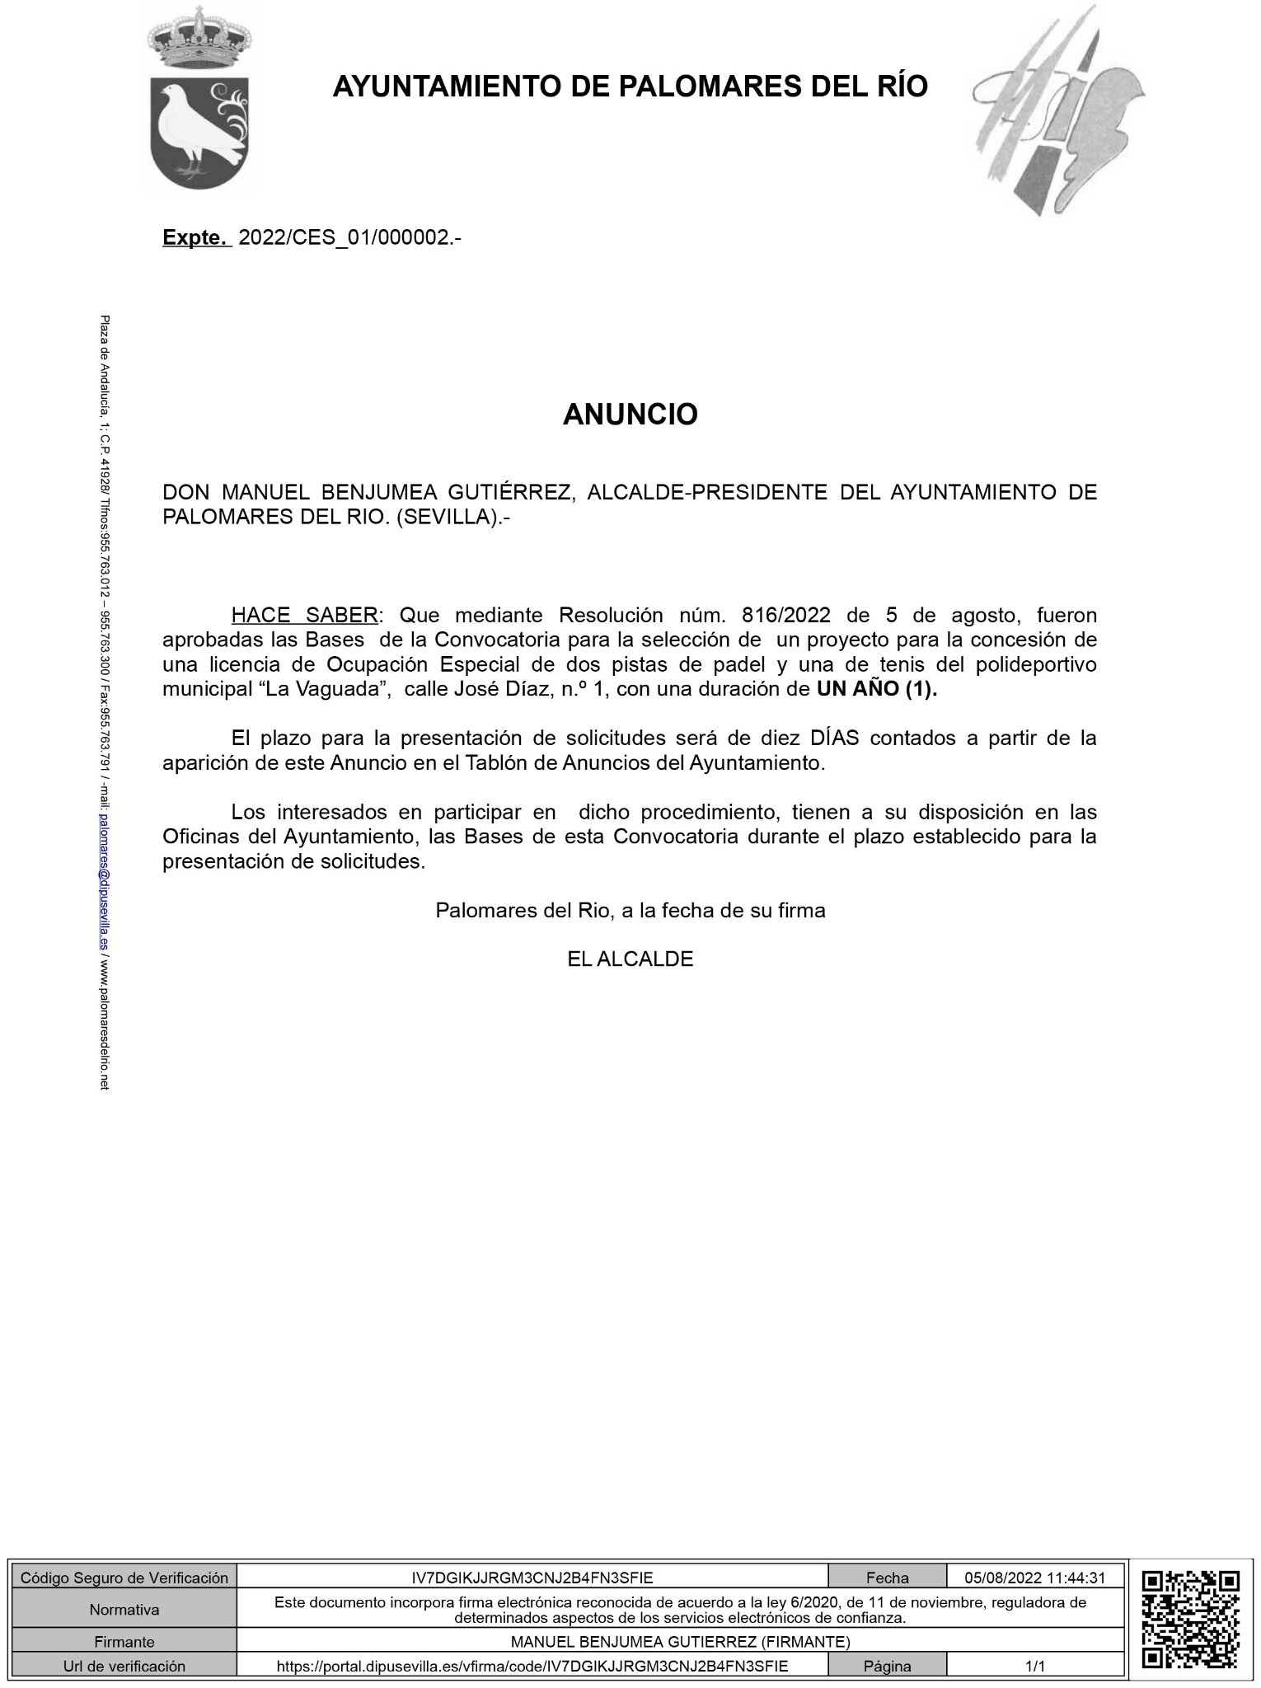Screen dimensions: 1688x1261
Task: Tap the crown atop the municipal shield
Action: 198,37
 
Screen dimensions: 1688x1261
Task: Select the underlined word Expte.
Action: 195,238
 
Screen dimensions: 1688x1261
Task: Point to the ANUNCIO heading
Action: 630,415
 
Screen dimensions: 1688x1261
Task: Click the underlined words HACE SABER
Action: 305,615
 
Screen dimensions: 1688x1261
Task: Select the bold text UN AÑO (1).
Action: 877,690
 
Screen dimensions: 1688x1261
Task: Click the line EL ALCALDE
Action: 630,959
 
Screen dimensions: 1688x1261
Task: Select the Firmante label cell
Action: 124,1642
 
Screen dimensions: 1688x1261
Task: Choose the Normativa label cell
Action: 124,1610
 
